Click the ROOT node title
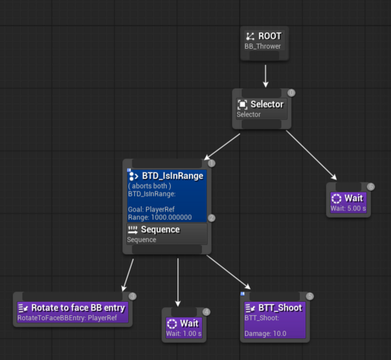tap(270, 36)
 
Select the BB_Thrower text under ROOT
tap(263, 46)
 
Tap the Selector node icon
tap(242, 104)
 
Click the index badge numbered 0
tap(291, 93)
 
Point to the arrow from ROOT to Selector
tap(266, 76)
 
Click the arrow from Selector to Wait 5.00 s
tap(311, 155)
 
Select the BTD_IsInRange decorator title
tap(173, 176)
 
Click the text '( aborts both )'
tap(150, 186)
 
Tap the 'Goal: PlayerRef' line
tap(151, 209)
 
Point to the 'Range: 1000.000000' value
tap(160, 217)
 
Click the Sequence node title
tap(160, 230)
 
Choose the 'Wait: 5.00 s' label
tap(348, 208)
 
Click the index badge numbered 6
tap(371, 187)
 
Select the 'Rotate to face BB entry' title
tap(78, 308)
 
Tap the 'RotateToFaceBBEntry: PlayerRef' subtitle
tap(67, 318)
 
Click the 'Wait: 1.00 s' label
tap(184, 333)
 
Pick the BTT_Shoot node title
tap(280, 308)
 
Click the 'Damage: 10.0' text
tap(265, 333)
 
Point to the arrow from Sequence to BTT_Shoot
tap(229, 273)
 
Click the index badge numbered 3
tap(132, 296)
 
